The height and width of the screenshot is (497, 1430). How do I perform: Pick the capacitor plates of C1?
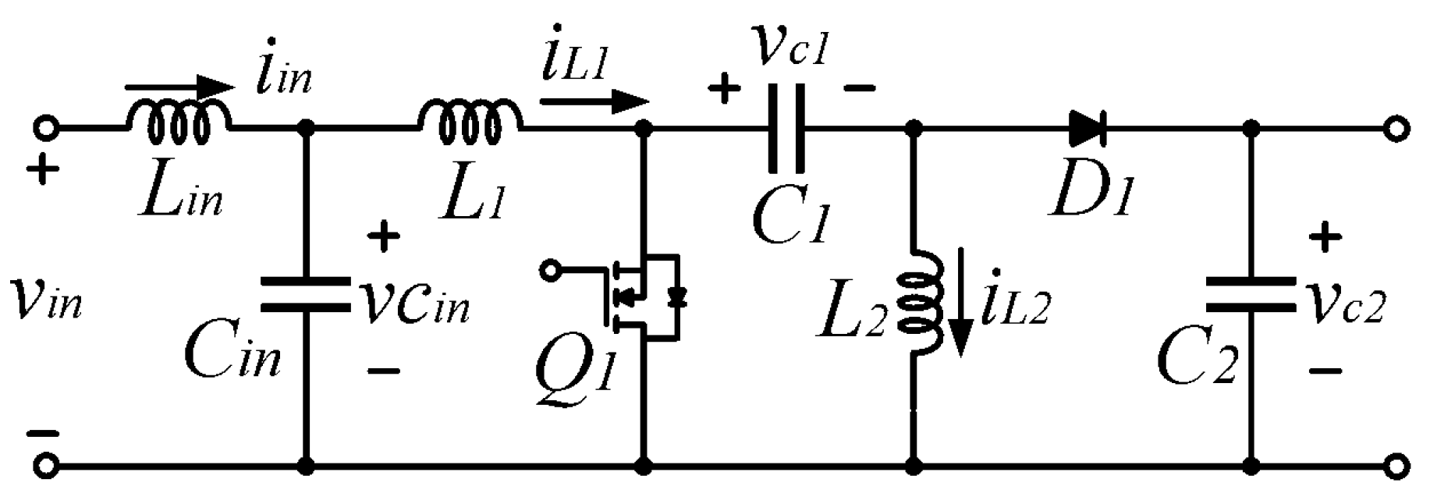pos(786,129)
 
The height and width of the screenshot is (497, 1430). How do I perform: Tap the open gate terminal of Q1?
pos(551,270)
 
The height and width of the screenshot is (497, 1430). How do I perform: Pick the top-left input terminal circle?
pos(45,128)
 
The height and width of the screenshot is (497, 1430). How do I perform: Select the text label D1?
pos(1089,195)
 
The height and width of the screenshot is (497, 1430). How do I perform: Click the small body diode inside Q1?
pos(676,296)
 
